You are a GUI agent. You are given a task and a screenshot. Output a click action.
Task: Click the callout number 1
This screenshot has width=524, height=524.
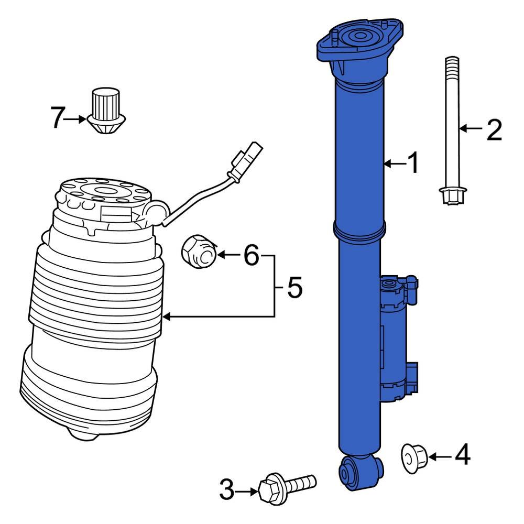[413, 163]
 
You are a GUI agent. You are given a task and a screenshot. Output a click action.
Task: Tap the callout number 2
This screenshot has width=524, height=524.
[494, 129]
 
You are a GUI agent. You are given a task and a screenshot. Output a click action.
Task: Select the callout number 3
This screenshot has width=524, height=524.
[227, 491]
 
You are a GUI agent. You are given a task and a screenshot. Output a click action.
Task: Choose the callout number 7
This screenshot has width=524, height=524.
[58, 118]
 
